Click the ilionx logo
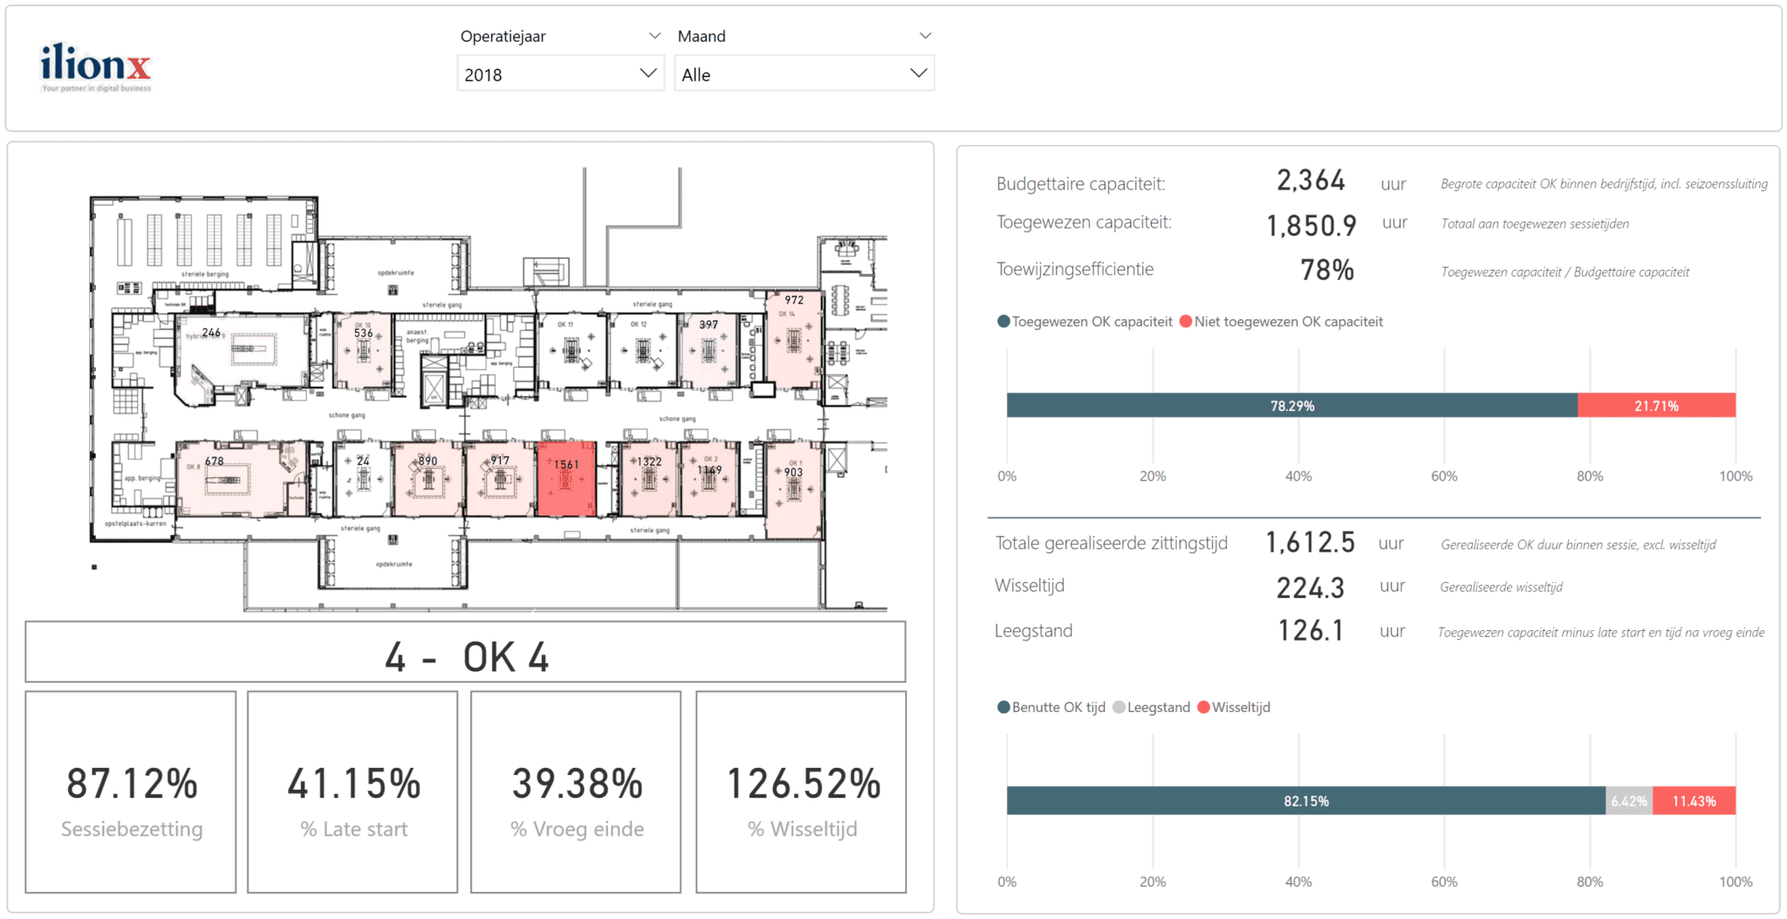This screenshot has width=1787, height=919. click(95, 66)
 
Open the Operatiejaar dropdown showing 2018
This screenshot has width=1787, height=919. click(559, 74)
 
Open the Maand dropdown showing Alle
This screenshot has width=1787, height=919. click(803, 74)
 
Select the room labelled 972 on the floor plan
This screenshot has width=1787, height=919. click(793, 340)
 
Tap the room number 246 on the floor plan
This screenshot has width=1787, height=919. click(211, 333)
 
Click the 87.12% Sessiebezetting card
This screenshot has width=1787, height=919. click(131, 792)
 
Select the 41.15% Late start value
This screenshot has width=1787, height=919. click(353, 784)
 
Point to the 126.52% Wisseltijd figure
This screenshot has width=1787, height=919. click(803, 784)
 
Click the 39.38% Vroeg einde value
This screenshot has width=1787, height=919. click(577, 784)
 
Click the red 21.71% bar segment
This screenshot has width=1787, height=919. click(1655, 406)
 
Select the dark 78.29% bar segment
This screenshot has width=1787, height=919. click(1291, 406)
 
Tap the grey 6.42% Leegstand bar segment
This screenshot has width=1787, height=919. click(1628, 801)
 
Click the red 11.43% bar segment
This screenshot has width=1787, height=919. click(1694, 801)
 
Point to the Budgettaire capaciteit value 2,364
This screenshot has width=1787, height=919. click(1310, 181)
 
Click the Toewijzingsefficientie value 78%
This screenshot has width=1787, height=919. click(1326, 271)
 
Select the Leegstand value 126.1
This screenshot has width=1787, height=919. click(1310, 631)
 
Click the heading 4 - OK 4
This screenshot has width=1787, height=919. click(466, 656)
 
